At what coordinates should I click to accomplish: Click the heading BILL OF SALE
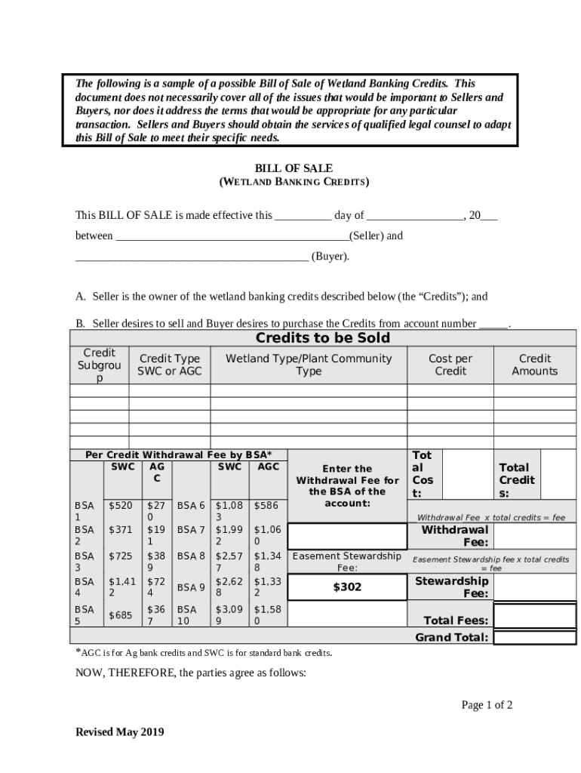click(x=294, y=168)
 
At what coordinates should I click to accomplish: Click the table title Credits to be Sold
click(x=322, y=337)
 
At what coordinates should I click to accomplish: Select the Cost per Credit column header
click(x=450, y=365)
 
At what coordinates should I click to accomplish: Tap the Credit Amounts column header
click(x=534, y=365)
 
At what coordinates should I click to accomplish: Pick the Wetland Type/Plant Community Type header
click(x=309, y=365)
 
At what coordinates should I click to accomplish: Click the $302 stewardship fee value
click(x=347, y=587)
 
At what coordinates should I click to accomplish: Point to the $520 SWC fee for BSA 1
click(x=121, y=505)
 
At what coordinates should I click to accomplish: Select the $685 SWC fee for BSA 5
click(x=121, y=615)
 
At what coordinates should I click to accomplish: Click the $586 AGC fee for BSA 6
click(x=267, y=505)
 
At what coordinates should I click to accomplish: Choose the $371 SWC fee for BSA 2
click(x=121, y=530)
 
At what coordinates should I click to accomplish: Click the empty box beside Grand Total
click(x=534, y=637)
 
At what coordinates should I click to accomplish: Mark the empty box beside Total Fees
click(x=534, y=617)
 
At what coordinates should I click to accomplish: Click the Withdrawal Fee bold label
click(x=455, y=536)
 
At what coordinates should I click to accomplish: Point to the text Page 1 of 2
click(x=487, y=705)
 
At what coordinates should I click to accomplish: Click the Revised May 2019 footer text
click(x=119, y=731)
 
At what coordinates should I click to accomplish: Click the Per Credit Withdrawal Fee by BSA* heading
click(x=178, y=454)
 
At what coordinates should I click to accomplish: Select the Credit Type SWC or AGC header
click(x=169, y=365)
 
